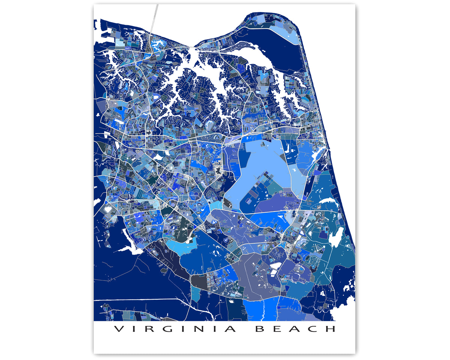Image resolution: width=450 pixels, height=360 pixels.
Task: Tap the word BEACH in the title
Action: pos(295,329)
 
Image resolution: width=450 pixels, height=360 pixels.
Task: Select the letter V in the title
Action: pos(118,329)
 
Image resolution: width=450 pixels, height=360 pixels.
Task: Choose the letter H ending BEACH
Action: pos(331,329)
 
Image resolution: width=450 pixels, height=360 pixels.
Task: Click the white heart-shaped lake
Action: pos(108,207)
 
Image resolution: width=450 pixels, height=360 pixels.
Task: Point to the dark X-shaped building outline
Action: pos(217,171)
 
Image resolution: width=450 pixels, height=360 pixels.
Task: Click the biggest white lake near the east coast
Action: pos(336,237)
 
